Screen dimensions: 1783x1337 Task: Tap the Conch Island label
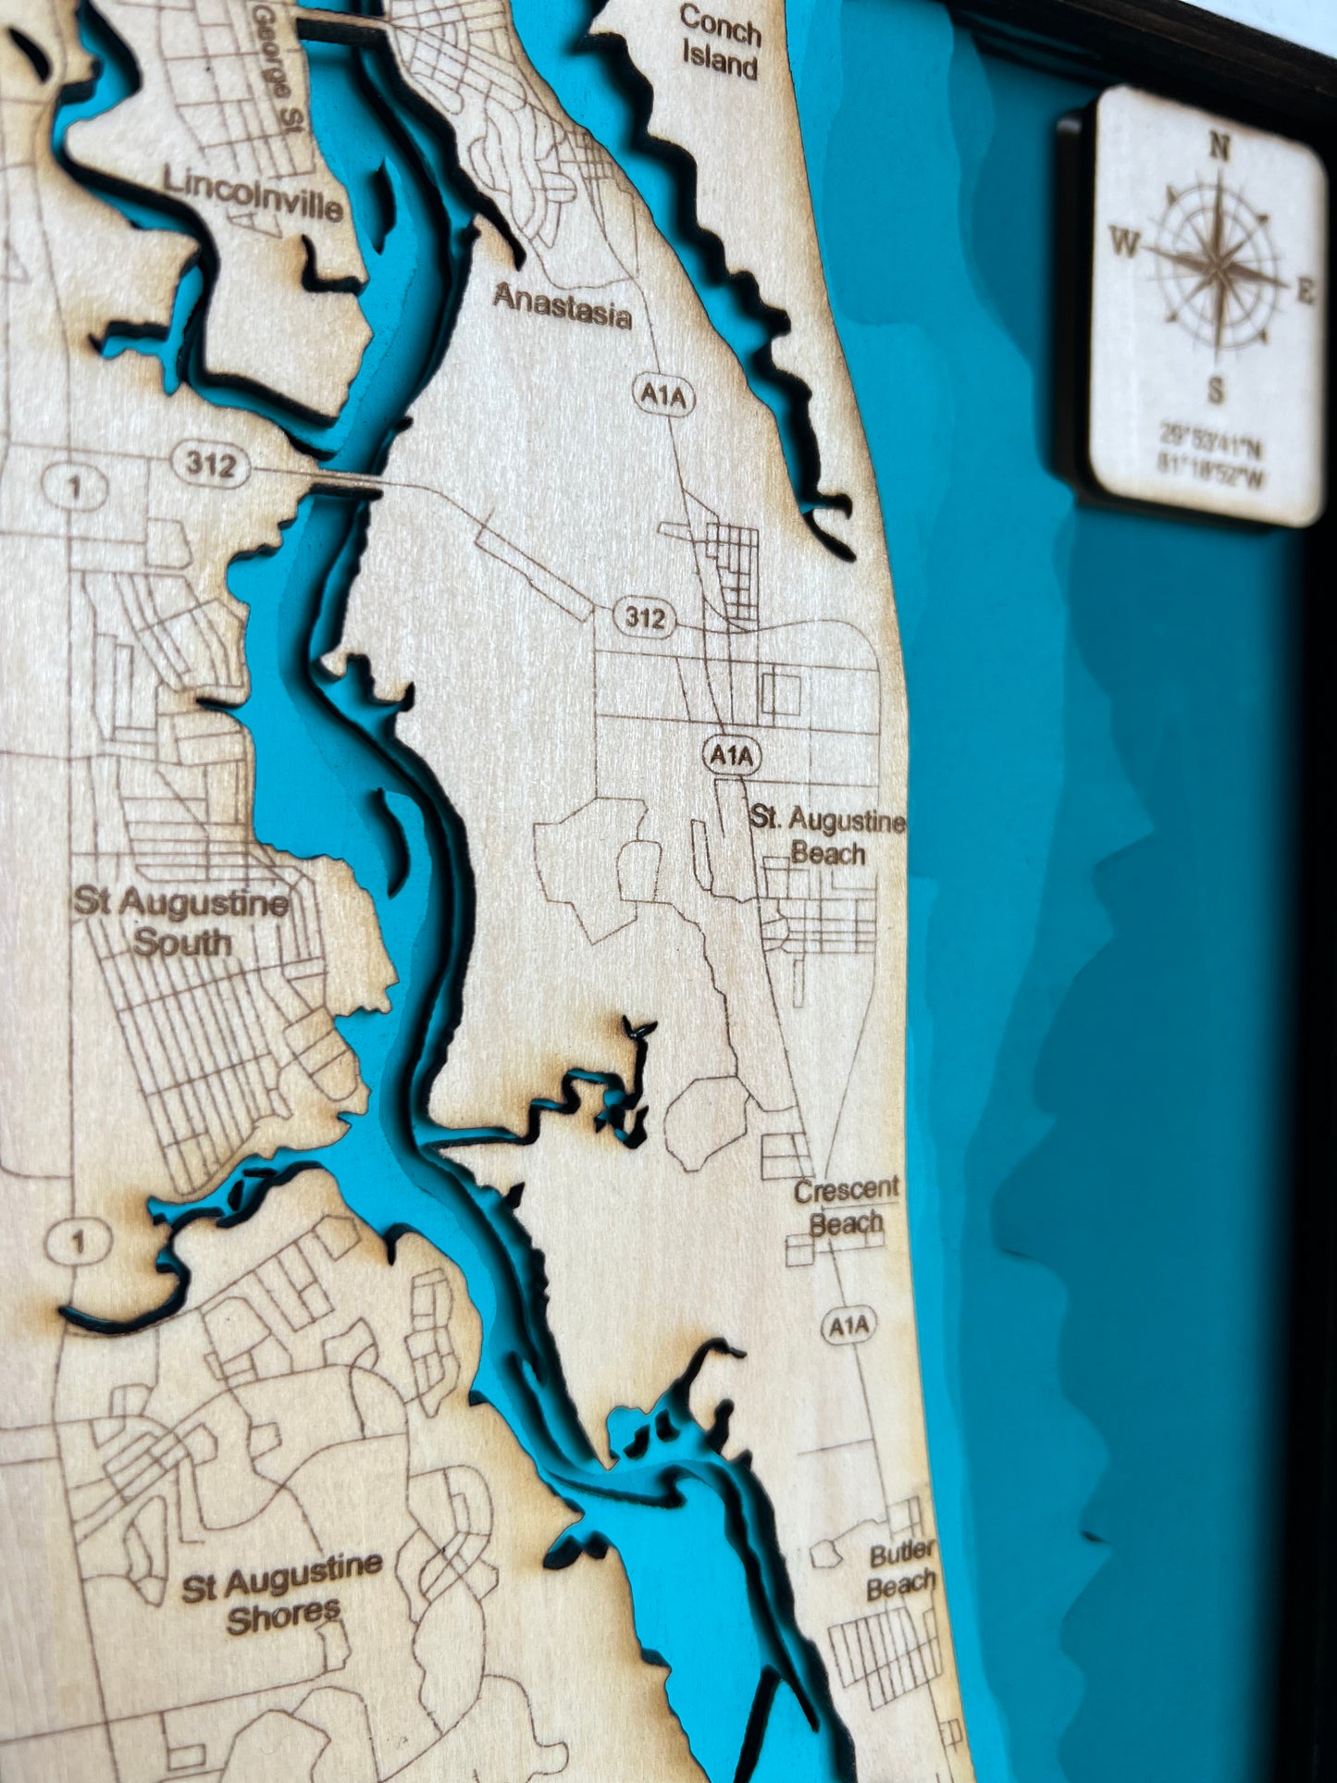click(720, 42)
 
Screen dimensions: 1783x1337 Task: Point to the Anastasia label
click(562, 306)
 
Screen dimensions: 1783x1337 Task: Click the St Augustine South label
click(181, 922)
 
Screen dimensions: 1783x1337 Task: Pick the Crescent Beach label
click(846, 1206)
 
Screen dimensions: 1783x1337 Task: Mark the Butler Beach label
click(900, 1569)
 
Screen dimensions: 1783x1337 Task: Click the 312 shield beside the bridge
click(211, 464)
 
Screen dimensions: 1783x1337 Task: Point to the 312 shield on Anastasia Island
click(644, 616)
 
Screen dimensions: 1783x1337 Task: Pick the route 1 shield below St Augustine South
click(79, 1243)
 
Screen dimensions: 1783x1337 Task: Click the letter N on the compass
click(1220, 147)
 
